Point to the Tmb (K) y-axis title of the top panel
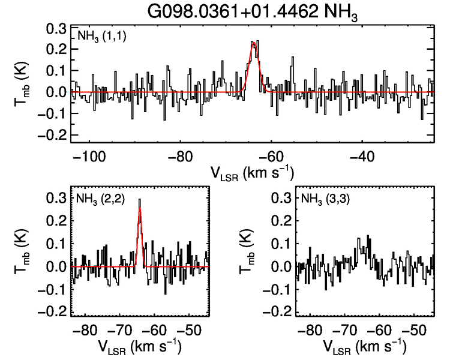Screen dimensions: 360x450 22,83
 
